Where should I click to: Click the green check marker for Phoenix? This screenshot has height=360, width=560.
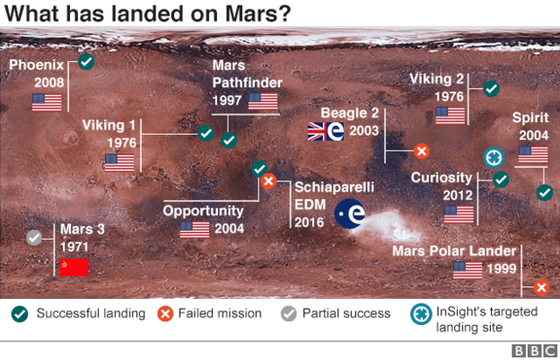click(86, 61)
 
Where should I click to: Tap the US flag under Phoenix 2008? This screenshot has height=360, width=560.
click(46, 101)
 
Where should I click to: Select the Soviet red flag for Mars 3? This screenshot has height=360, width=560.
click(74, 267)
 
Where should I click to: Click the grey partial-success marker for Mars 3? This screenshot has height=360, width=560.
click(35, 238)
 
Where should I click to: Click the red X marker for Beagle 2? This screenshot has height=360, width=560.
click(421, 151)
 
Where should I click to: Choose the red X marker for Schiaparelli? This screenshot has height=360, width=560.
click(267, 182)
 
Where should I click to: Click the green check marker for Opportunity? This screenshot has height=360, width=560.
click(258, 169)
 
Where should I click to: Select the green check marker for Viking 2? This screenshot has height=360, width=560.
click(491, 88)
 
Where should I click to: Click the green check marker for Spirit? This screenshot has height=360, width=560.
click(544, 192)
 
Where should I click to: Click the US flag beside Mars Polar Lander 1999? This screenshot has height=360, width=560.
click(468, 269)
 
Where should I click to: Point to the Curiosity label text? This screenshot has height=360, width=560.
click(442, 177)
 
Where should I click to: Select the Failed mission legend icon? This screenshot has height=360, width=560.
click(165, 313)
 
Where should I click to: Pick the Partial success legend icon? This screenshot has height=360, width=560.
click(289, 313)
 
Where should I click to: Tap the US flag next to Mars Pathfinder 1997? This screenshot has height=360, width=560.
click(264, 101)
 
